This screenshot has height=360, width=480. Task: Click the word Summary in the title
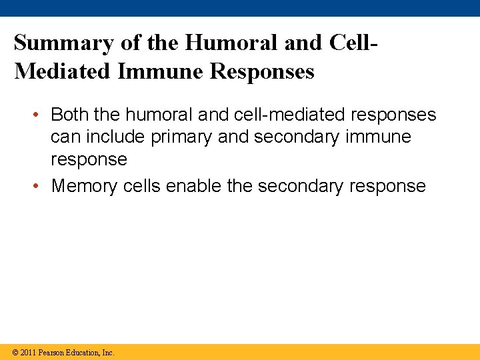pos(64,43)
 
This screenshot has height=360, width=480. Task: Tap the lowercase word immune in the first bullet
pos(380,137)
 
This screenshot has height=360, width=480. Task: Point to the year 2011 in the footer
pos(28,352)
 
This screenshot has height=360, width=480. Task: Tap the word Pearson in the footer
pos(52,352)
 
